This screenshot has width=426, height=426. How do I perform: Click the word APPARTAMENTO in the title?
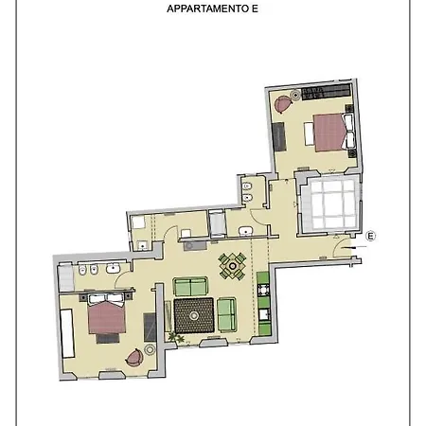[208, 9]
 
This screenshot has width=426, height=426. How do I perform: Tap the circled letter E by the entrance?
[371, 236]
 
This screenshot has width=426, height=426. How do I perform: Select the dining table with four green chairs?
[233, 266]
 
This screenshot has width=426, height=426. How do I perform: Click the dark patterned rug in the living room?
[194, 315]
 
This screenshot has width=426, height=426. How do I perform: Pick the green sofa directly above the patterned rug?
[190, 287]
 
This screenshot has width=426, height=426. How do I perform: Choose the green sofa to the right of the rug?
[227, 314]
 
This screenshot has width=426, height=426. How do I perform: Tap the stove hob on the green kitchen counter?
[263, 290]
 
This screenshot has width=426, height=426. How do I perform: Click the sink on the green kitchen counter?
[263, 315]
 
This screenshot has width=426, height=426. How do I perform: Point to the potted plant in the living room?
[176, 338]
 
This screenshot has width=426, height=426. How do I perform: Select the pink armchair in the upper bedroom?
[282, 104]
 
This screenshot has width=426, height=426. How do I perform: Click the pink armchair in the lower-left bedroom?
[134, 358]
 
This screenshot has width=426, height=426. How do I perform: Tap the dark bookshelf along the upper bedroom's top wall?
[327, 92]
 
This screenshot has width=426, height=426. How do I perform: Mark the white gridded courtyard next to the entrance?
[330, 204]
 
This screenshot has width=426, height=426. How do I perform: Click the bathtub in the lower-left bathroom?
[66, 278]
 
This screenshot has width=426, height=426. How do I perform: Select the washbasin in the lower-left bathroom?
[113, 269]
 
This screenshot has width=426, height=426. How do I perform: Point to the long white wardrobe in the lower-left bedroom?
[67, 333]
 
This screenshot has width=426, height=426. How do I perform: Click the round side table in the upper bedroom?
[295, 95]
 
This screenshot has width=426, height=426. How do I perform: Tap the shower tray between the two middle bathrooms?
[217, 223]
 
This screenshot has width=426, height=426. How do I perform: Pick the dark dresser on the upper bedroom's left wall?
[279, 136]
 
